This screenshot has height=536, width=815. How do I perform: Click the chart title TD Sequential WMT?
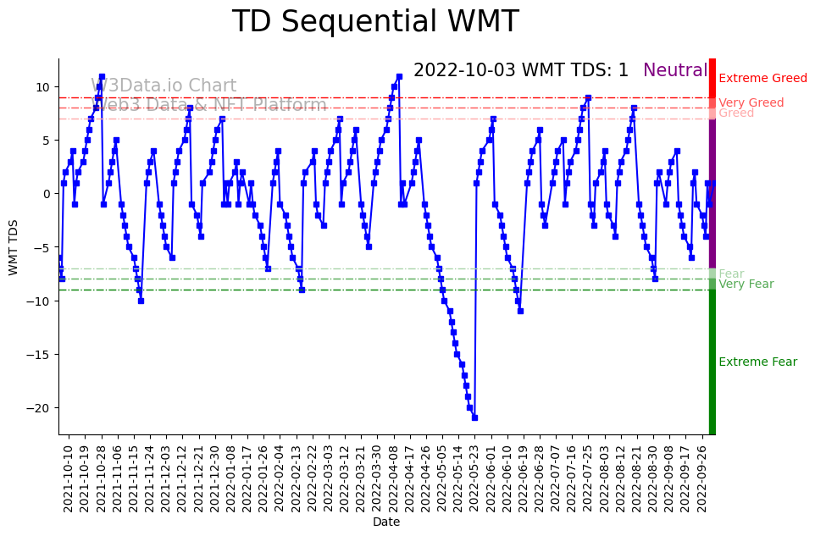375,22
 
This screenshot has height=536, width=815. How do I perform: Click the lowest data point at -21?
474,417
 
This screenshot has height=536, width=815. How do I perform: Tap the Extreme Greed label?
762,79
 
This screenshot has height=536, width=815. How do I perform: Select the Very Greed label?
751,103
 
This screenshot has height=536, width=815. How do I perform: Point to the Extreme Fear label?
757,362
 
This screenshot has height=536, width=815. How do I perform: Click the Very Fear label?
746,285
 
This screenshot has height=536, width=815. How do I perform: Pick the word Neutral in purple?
675,71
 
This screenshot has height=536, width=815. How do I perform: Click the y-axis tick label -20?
36,408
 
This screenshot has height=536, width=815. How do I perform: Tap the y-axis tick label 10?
42,87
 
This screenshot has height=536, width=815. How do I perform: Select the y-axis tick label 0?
46,194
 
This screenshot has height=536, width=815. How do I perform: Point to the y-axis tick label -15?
36,355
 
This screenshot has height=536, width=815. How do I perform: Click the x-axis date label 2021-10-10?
69,478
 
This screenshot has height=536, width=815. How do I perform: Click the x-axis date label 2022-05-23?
474,478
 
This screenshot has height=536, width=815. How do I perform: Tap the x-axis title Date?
386,522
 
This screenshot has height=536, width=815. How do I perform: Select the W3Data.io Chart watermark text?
164,86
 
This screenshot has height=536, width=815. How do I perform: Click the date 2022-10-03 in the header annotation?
464,71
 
